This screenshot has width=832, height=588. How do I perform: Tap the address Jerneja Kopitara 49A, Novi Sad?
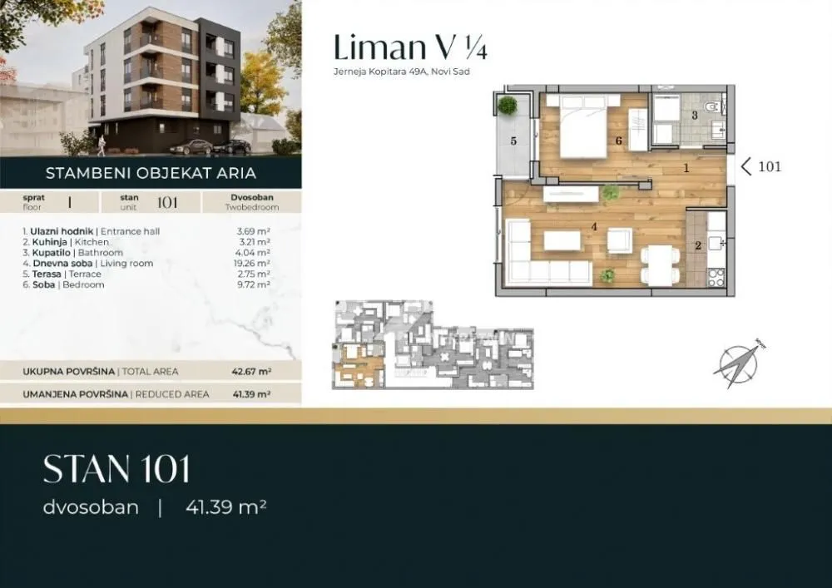pyautogui.click(x=402, y=72)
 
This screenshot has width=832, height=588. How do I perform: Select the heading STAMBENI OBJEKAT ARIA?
pyautogui.click(x=151, y=174)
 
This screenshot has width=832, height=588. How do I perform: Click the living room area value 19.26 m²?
pyautogui.click(x=253, y=264)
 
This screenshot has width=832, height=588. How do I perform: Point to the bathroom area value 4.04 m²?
pyautogui.click(x=253, y=253)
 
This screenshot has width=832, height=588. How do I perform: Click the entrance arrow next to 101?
pyautogui.click(x=746, y=166)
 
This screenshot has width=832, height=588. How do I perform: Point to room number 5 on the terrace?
pyautogui.click(x=513, y=141)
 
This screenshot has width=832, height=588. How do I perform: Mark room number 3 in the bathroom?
pyautogui.click(x=695, y=116)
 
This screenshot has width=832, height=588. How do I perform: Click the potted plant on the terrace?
pyautogui.click(x=507, y=106)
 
